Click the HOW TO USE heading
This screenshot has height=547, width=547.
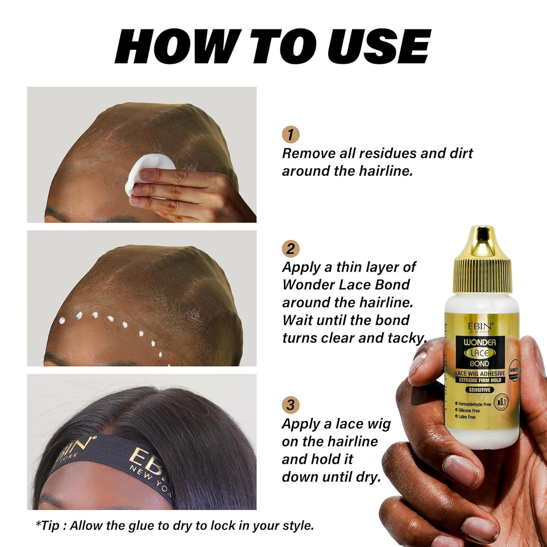point(273,46)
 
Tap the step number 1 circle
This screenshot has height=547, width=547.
point(291,134)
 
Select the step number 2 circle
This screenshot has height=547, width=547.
point(291,249)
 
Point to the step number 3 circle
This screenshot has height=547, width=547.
point(291,405)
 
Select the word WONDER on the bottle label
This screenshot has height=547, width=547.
point(480,342)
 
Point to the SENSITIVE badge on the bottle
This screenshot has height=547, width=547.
point(479,390)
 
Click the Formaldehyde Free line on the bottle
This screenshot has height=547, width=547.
point(474,404)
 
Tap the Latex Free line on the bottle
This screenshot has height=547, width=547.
point(466,417)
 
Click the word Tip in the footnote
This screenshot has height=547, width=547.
point(50,525)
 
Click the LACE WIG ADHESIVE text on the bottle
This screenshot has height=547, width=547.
point(480,374)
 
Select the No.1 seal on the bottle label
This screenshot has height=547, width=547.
point(500,401)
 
